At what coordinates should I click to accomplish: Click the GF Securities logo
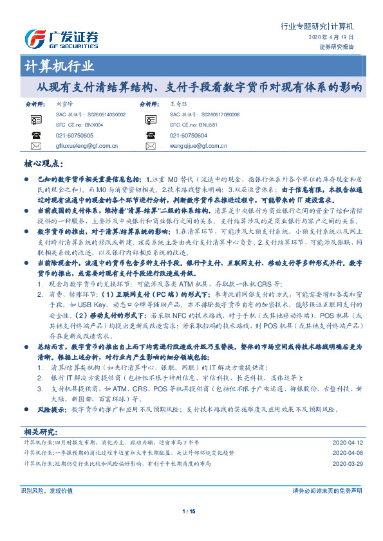click(61, 39)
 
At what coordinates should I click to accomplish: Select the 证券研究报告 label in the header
click(337, 47)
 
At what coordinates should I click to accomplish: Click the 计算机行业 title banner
click(59, 67)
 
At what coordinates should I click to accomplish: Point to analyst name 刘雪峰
click(64, 103)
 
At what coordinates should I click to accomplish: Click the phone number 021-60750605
click(74, 136)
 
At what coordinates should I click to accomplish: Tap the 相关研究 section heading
click(41, 413)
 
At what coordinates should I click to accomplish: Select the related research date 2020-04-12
click(347, 425)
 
